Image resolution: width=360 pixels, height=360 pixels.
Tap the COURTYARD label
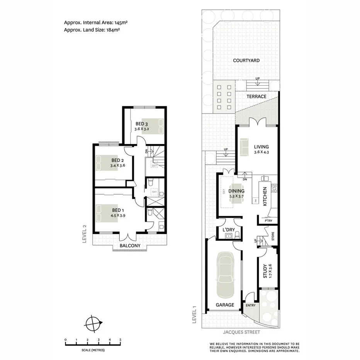pos(246,61)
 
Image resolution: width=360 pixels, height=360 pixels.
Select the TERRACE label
pos(256,97)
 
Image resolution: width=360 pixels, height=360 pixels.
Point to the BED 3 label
pos(141,124)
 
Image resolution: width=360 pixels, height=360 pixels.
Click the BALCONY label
pos(130,246)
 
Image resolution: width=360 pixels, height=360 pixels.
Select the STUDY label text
pos(265,271)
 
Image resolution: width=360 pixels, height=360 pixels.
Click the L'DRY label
pos(229,230)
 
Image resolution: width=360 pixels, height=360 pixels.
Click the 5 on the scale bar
pos(121,340)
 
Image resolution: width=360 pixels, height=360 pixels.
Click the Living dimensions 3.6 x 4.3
pos(261,152)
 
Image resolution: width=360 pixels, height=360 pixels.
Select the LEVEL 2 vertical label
pos(84,234)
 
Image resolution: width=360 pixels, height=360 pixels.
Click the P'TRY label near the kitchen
pos(268,221)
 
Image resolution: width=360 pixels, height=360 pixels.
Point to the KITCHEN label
pos(265,196)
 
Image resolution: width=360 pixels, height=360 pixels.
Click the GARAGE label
pos(225,305)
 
